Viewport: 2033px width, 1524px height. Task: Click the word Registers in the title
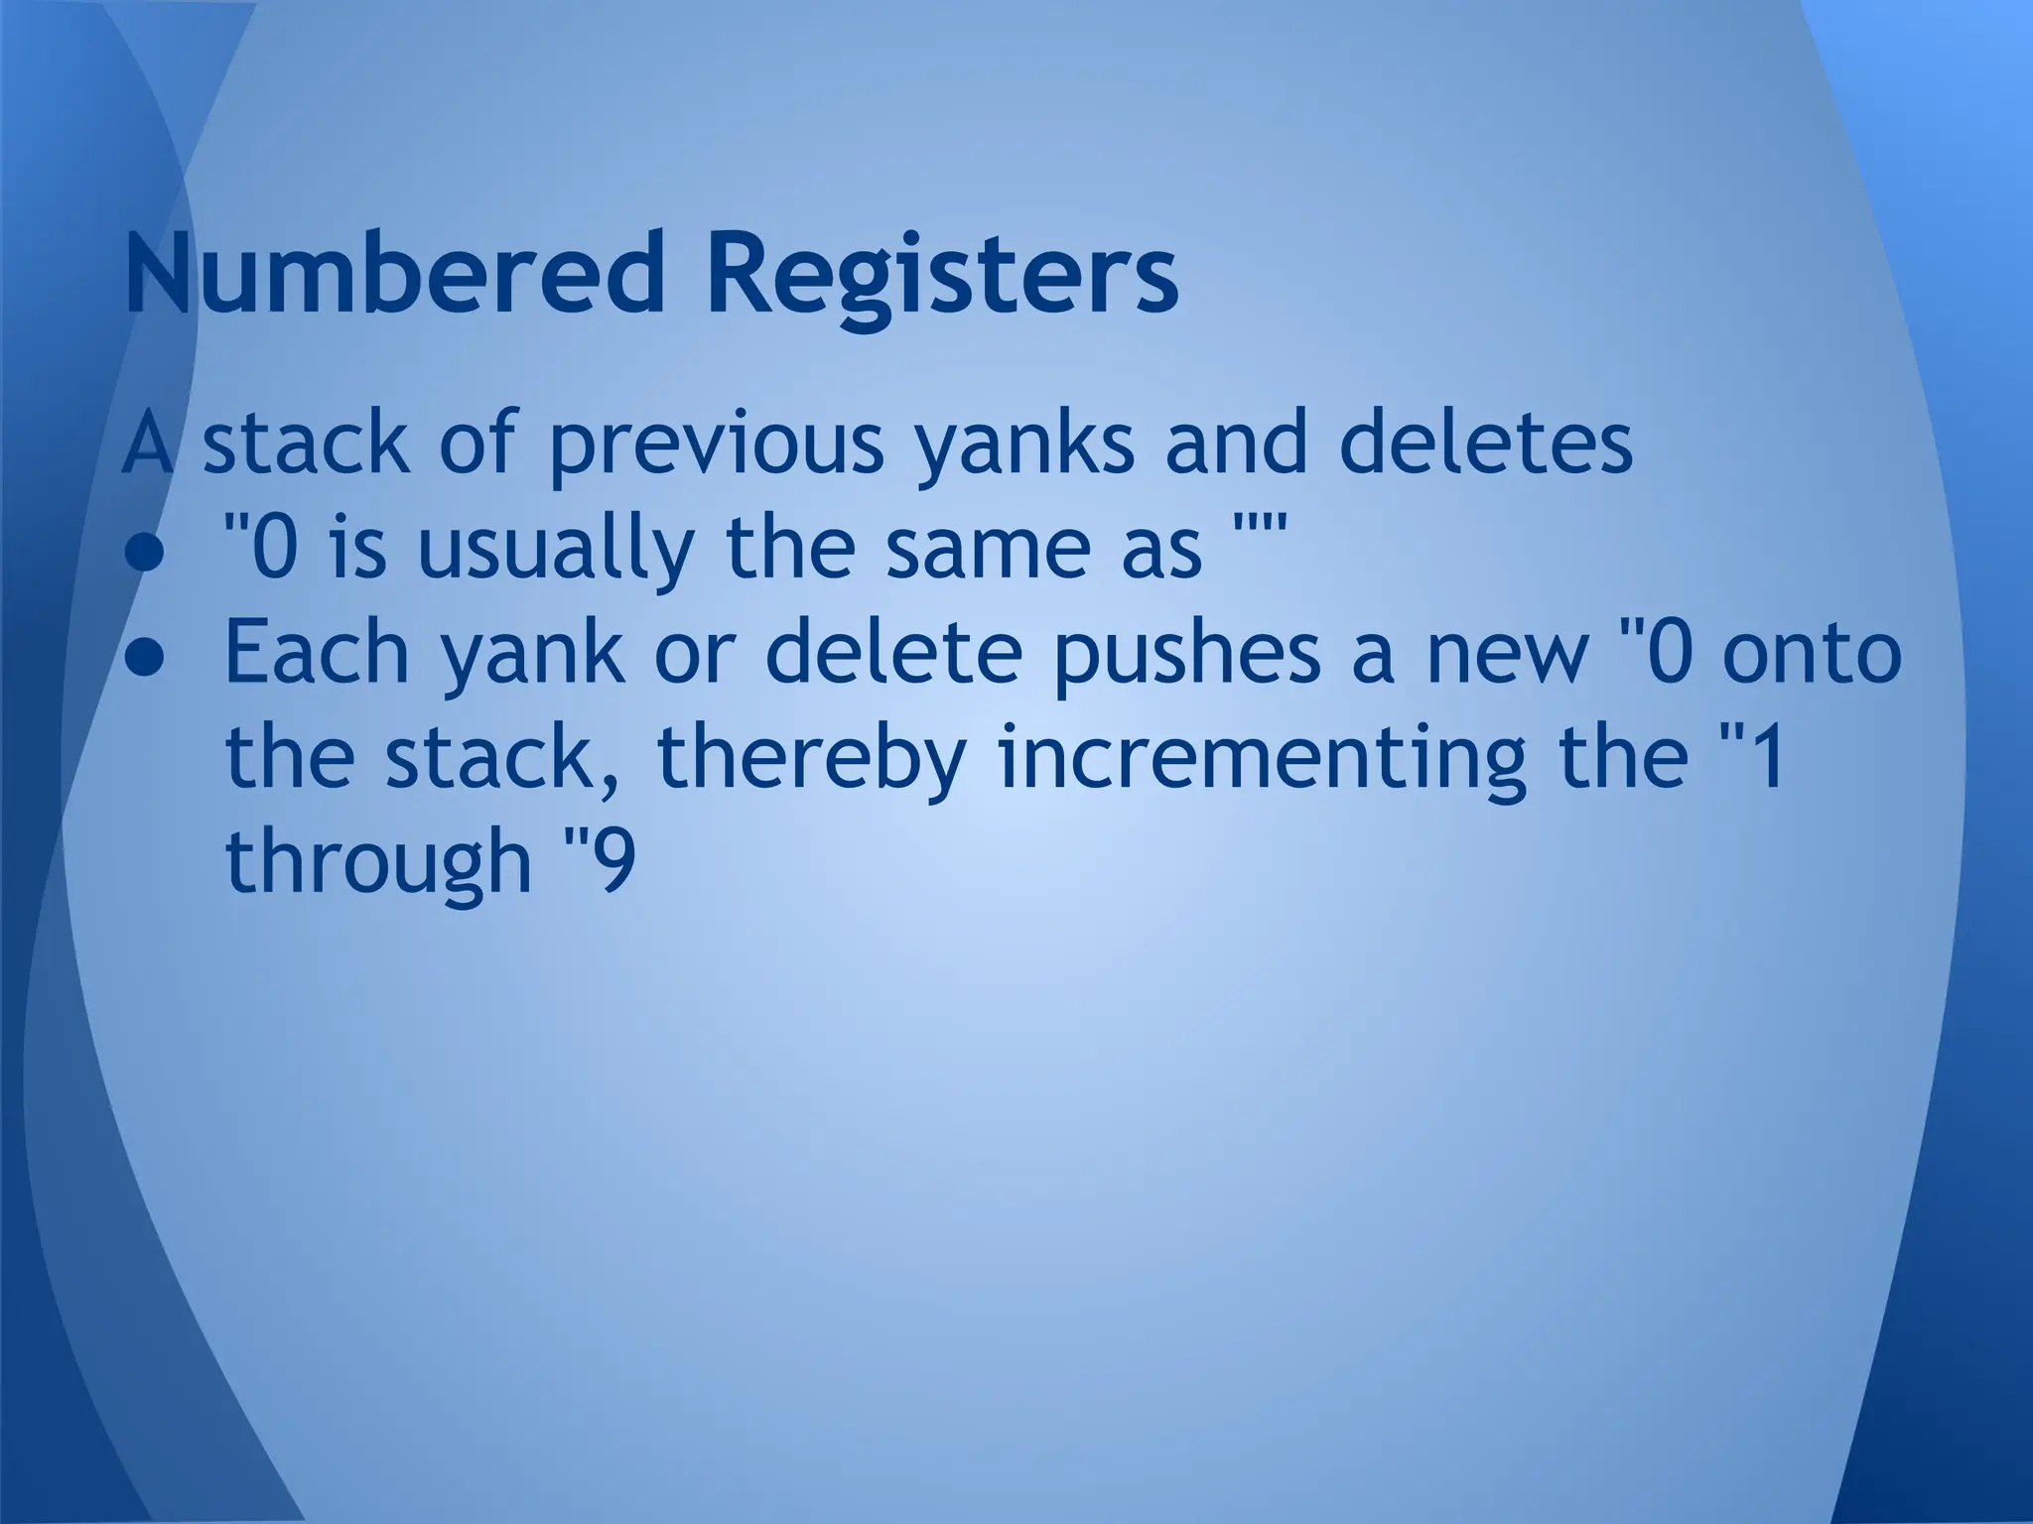coord(942,274)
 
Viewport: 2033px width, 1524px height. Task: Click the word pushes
coord(1187,655)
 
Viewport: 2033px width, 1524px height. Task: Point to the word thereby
coord(810,760)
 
